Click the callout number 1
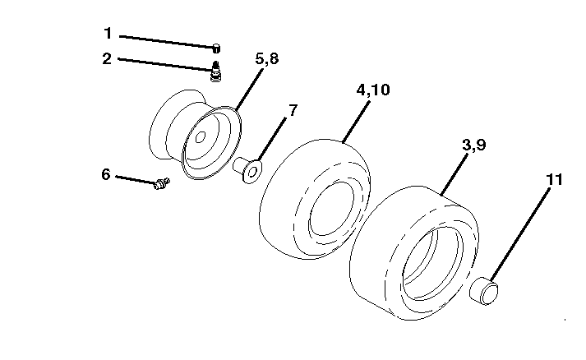[x=108, y=33]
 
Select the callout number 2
[x=107, y=58]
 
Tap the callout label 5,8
[x=267, y=58]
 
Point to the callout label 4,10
[x=372, y=90]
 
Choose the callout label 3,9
[x=474, y=145]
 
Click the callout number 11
[x=554, y=180]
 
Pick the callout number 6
[x=106, y=174]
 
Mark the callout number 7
[x=293, y=110]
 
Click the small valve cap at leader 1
[x=216, y=48]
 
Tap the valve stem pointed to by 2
[x=215, y=72]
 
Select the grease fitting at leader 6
[x=162, y=183]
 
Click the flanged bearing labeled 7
[x=247, y=169]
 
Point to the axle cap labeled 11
[x=483, y=291]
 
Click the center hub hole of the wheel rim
[x=201, y=136]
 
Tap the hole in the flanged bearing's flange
[x=252, y=172]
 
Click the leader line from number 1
[x=167, y=42]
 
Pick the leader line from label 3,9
[x=454, y=174]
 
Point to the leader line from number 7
[x=272, y=140]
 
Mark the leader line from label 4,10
[x=356, y=122]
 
